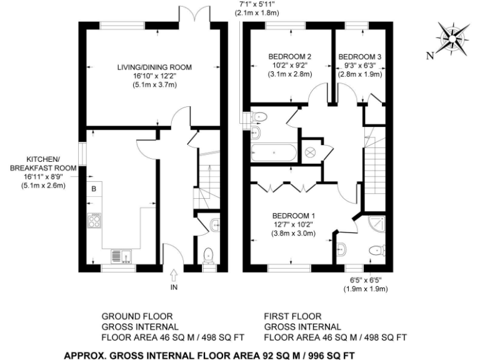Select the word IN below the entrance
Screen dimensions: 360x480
coord(174,287)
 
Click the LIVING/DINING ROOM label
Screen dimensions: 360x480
coord(154,67)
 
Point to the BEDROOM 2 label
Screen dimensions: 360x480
coord(291,56)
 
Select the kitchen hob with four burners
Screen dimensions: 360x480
coord(96,221)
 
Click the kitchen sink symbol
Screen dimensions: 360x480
coord(119,256)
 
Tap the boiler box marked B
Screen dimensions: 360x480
coord(94,189)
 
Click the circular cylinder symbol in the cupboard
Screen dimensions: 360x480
coord(311,152)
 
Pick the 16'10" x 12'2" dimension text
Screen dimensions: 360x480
coord(154,76)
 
